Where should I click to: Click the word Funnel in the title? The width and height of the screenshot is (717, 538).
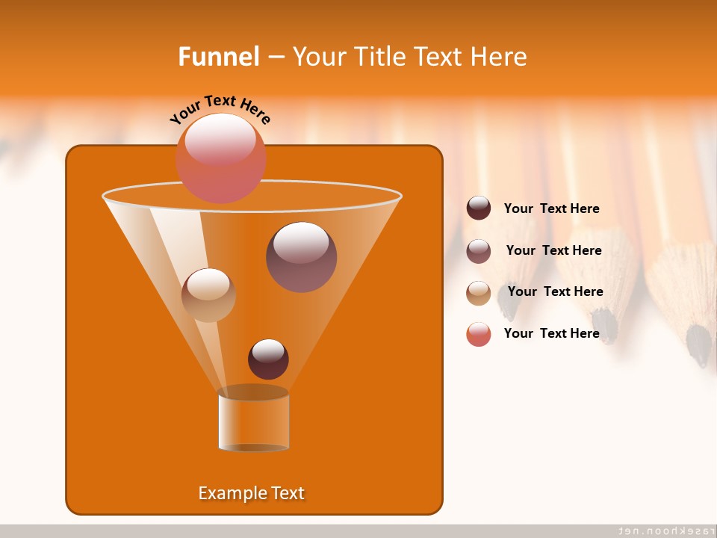pyautogui.click(x=219, y=57)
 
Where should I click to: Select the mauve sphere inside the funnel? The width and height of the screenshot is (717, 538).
pyautogui.click(x=302, y=256)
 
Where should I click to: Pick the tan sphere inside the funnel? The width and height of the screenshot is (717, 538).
pyautogui.click(x=208, y=295)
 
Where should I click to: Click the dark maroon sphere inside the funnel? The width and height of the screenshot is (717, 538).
pyautogui.click(x=268, y=359)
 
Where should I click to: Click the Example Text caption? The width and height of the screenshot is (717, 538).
pyautogui.click(x=252, y=493)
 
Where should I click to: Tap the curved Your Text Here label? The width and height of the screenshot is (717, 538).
pyautogui.click(x=220, y=108)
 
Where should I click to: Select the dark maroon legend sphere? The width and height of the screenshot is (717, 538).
pyautogui.click(x=479, y=208)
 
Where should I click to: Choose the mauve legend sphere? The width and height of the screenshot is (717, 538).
pyautogui.click(x=479, y=251)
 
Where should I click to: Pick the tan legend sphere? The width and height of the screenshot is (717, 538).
pyautogui.click(x=479, y=292)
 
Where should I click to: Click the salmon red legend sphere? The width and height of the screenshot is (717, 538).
pyautogui.click(x=479, y=334)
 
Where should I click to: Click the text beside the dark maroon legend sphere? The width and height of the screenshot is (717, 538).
pyautogui.click(x=551, y=208)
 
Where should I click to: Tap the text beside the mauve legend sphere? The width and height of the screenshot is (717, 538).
pyautogui.click(x=553, y=250)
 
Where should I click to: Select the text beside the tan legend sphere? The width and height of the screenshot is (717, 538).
pyautogui.click(x=555, y=291)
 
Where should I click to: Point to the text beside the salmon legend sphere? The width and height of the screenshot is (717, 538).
pyautogui.click(x=551, y=333)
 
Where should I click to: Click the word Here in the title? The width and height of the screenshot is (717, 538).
pyautogui.click(x=501, y=57)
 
